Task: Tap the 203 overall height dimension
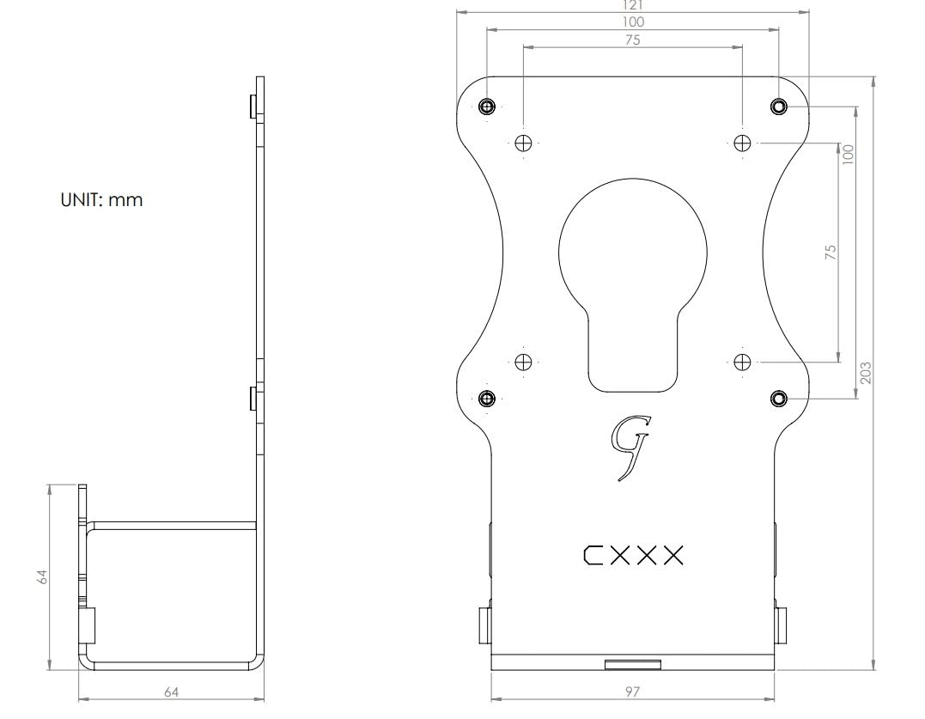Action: tap(866, 372)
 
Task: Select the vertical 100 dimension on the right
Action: tap(849, 155)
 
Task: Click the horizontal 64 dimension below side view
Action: tap(171, 692)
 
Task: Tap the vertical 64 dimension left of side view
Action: tap(41, 576)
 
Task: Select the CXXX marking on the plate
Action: tap(634, 556)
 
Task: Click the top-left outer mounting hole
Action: tap(487, 107)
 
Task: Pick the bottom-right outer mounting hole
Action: tap(778, 398)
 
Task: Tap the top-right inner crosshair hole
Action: tap(742, 143)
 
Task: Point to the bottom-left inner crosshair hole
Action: tap(522, 361)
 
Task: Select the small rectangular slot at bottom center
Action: tap(633, 663)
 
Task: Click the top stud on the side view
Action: tap(252, 107)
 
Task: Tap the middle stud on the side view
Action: tap(252, 399)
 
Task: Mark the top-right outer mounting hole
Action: tap(778, 107)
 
